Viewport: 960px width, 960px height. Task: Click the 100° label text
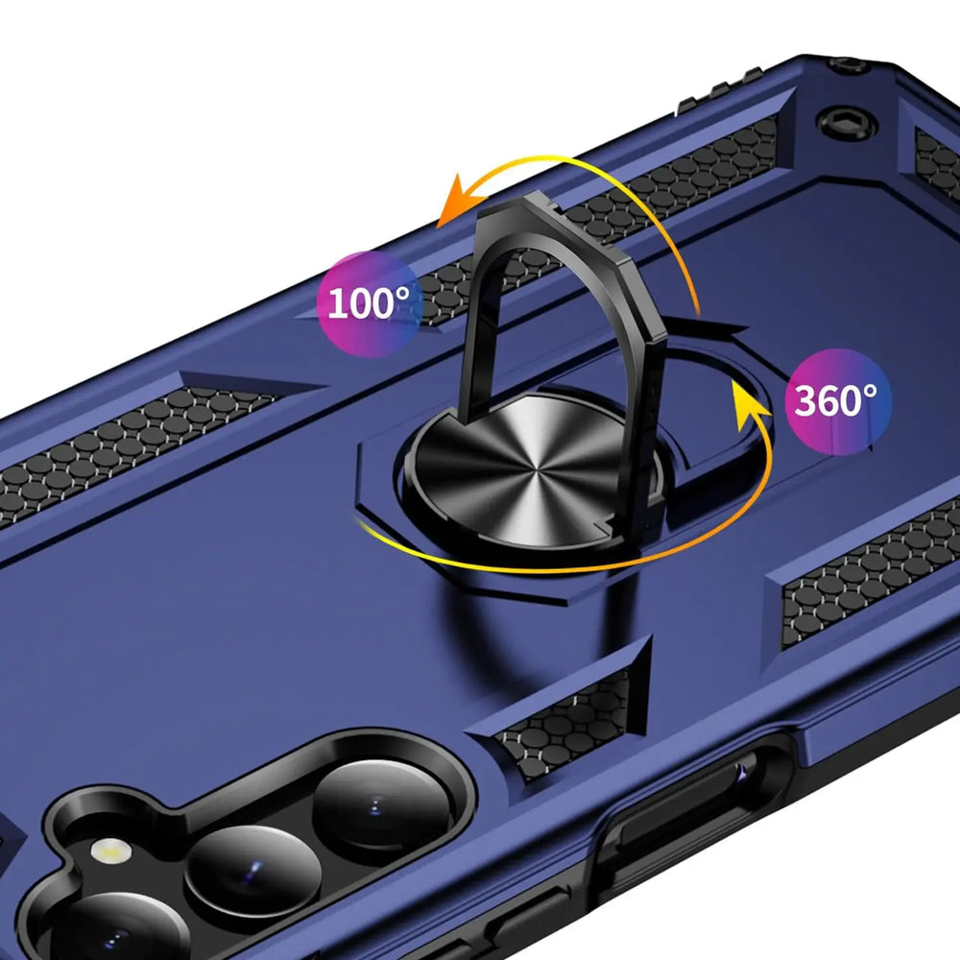point(369,303)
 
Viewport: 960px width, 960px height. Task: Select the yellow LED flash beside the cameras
point(110,851)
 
